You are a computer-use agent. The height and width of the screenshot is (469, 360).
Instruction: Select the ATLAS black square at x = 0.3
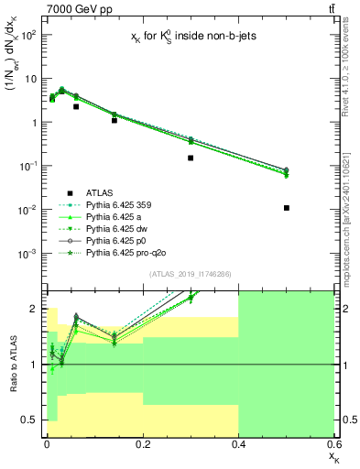(191, 158)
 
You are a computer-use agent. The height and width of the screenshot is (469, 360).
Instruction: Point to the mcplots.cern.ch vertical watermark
(352, 215)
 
